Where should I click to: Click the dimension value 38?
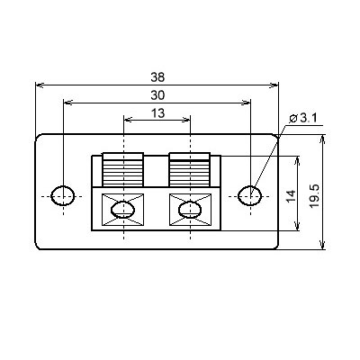[x=157, y=77]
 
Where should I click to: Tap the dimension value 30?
[x=157, y=95]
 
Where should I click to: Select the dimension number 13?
[x=157, y=113]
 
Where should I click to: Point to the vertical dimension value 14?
[x=291, y=195]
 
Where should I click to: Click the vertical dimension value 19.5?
[x=315, y=196]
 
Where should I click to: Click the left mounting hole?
[x=63, y=196]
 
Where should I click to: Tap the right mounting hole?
[x=250, y=196]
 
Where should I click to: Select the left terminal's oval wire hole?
[x=122, y=210]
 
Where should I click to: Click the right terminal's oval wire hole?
[x=190, y=210]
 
